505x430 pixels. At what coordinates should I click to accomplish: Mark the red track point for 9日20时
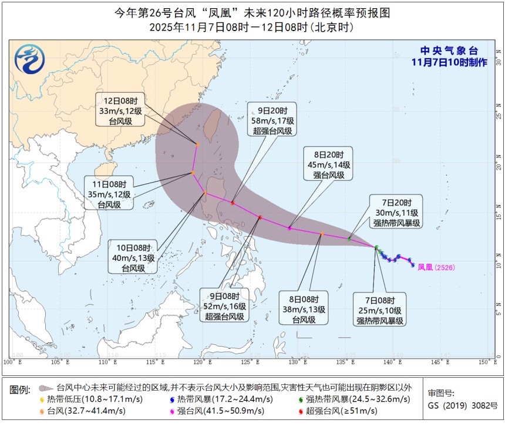[x=233, y=203]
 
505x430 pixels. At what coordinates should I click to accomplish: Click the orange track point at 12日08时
[x=197, y=144]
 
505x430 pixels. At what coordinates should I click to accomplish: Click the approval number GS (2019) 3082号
[x=463, y=405]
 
